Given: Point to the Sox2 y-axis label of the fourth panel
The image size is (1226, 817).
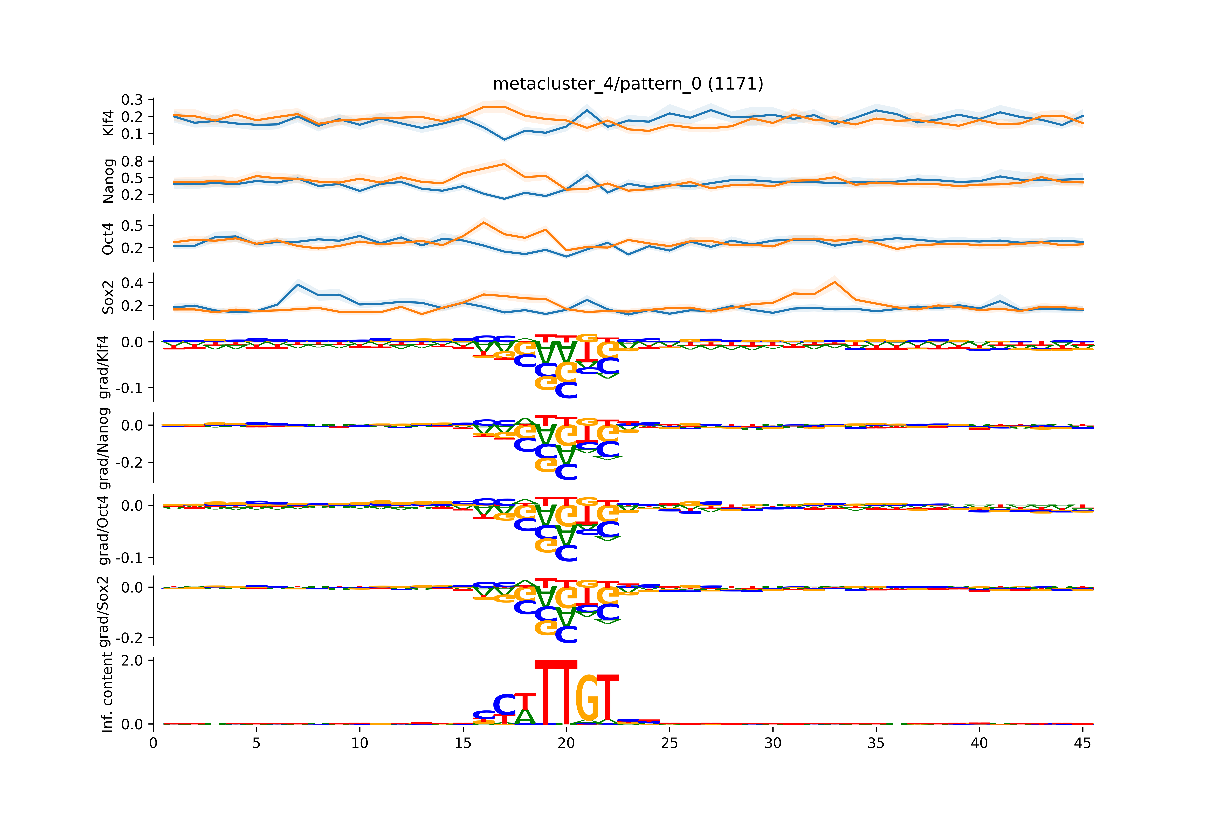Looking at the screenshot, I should coord(108,297).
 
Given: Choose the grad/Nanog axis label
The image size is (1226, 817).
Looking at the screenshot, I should coord(104,448).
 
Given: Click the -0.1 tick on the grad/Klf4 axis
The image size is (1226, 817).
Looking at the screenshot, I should coord(129,388).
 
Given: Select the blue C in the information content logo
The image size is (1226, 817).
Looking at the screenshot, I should coord(504,704).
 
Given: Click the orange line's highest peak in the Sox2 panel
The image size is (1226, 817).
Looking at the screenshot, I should coord(835,282).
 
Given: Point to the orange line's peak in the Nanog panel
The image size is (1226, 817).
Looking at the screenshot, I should coord(504,164).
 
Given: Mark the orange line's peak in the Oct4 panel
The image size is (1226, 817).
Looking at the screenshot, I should coord(484,222).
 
